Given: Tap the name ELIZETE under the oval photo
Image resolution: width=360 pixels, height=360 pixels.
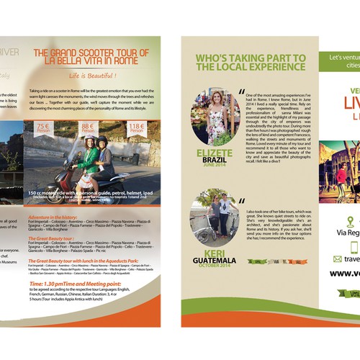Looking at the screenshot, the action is (x=215, y=153).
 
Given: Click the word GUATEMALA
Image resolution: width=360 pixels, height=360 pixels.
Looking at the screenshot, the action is (x=215, y=261).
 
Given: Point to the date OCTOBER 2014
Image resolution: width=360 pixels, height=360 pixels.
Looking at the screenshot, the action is (x=215, y=267).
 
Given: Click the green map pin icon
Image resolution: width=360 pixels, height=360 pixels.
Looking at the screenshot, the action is (x=350, y=221).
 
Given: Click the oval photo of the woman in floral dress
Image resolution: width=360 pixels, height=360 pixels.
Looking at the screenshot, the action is (x=215, y=116).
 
